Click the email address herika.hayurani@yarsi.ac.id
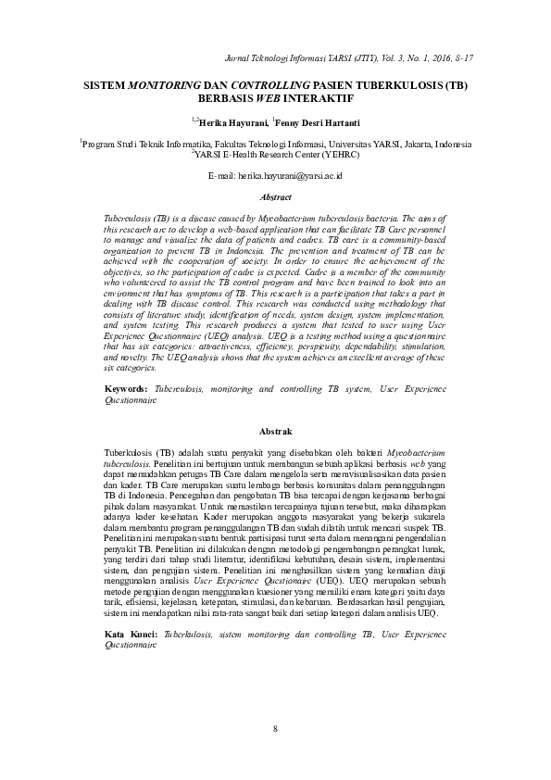tap(290, 174)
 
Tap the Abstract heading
tap(276, 197)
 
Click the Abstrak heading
tap(276, 432)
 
